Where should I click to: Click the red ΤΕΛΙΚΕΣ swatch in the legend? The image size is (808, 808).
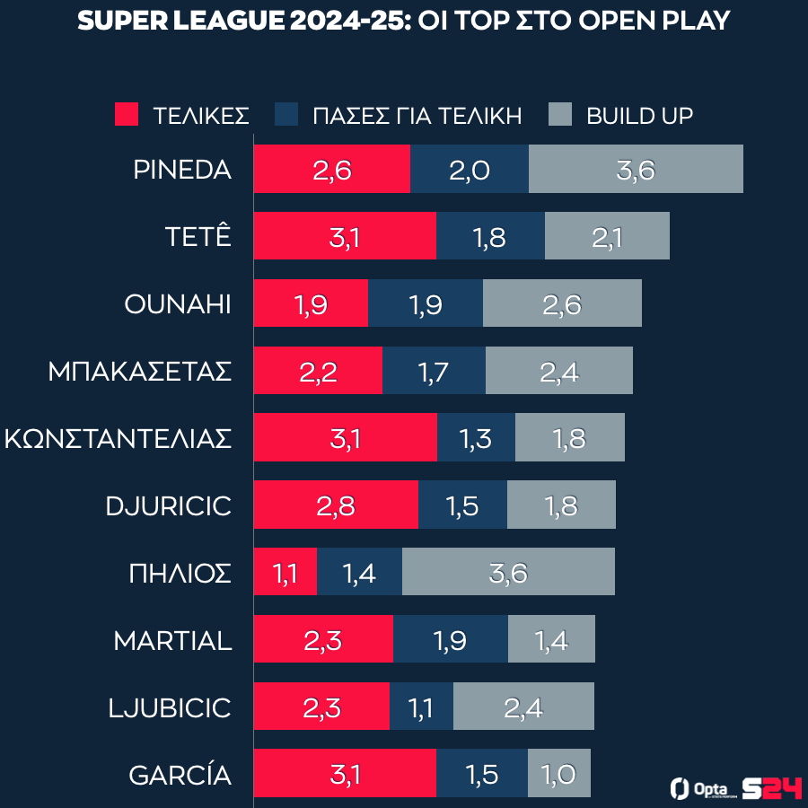pos(127,115)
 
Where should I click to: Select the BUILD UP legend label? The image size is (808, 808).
pos(639,116)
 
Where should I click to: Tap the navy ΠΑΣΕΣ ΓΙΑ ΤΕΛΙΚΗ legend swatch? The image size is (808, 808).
pos(286,115)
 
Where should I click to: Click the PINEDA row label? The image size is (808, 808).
pos(182,170)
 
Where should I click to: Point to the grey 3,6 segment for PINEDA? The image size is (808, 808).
pos(636,169)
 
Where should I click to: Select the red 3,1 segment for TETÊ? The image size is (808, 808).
pos(345,236)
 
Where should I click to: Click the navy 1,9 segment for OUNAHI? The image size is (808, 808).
pos(426,303)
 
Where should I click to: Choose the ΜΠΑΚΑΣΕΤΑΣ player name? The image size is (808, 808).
pos(140,371)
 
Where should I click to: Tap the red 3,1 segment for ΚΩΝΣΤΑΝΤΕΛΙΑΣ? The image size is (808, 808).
pos(346,438)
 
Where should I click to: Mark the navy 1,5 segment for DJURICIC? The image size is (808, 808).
pos(462,505)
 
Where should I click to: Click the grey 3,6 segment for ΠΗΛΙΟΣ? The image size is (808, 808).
pos(508,572)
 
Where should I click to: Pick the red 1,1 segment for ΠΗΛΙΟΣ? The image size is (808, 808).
pos(285,572)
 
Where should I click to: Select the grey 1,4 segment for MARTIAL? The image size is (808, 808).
pos(551,639)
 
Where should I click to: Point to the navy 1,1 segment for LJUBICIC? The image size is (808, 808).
pos(421,707)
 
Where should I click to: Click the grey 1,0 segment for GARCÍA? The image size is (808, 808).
pos(559,774)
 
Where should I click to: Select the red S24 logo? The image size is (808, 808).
pos(772,787)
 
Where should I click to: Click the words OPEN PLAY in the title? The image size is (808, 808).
pos(654,22)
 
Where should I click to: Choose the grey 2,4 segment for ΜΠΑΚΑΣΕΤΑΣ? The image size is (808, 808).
pos(559,371)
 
